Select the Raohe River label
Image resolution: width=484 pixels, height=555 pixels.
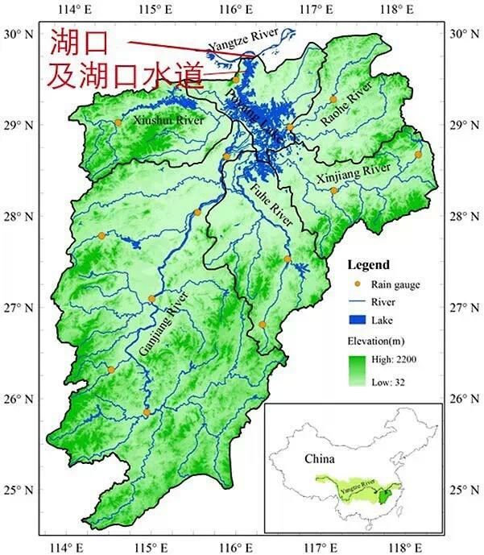(x=346, y=102)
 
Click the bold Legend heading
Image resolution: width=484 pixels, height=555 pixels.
(x=368, y=265)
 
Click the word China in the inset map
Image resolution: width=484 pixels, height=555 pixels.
(x=320, y=458)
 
